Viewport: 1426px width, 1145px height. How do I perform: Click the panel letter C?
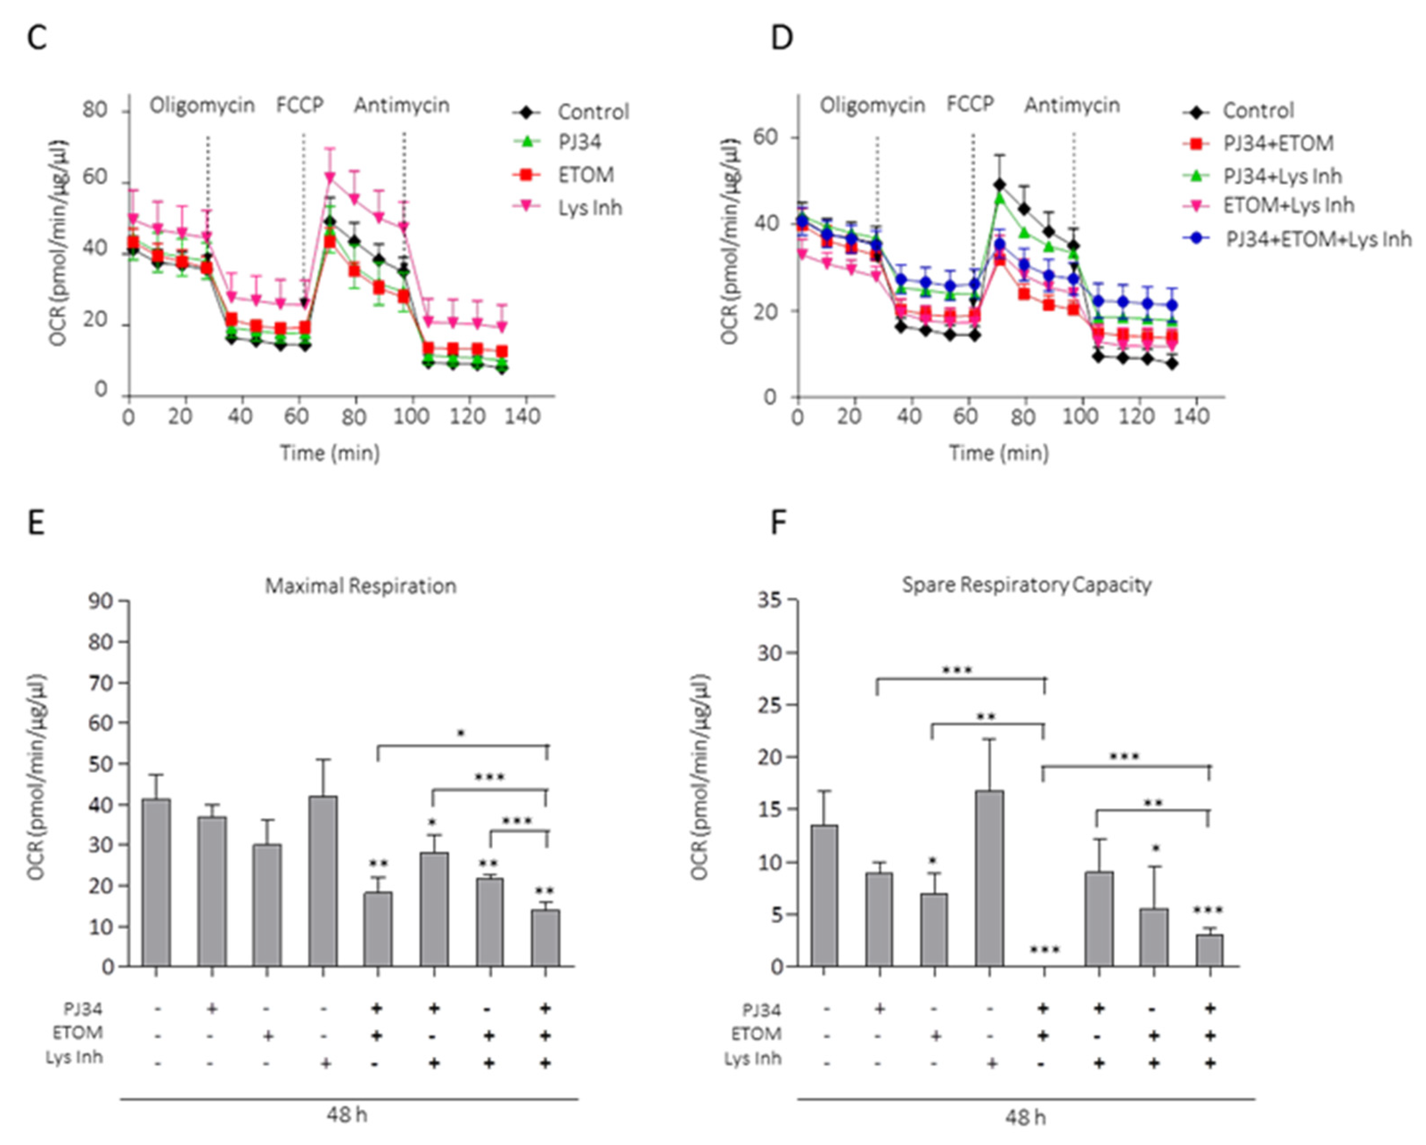click(x=37, y=38)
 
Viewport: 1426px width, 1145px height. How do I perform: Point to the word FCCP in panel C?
click(x=299, y=105)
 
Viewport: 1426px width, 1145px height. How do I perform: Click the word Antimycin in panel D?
click(x=1072, y=105)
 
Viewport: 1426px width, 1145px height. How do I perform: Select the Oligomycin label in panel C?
click(x=202, y=105)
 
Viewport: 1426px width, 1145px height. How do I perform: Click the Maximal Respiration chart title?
click(x=361, y=586)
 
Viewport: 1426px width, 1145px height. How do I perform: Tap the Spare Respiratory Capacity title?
click(x=1027, y=584)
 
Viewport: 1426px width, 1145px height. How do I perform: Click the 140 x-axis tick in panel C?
click(x=523, y=416)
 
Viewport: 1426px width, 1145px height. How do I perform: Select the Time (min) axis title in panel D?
click(x=999, y=453)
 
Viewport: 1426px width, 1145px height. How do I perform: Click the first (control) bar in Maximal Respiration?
click(x=156, y=883)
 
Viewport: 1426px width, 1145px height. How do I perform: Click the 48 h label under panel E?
click(x=347, y=1115)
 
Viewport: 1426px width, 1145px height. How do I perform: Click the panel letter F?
click(x=779, y=523)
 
